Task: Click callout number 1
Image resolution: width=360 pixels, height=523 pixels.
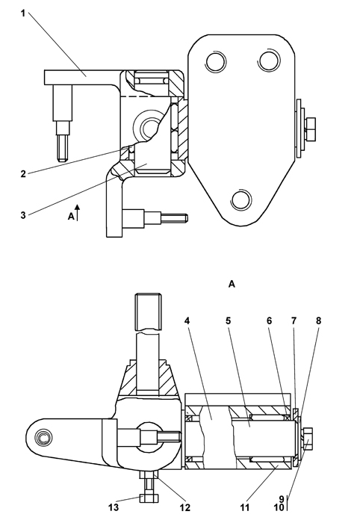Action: [x=23, y=13]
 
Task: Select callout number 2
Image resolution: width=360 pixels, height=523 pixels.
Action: [x=23, y=174]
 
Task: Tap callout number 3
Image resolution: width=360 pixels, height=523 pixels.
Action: [x=23, y=215]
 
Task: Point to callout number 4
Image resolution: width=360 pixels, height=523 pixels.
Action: [x=187, y=321]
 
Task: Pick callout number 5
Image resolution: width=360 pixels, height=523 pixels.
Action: [x=229, y=321]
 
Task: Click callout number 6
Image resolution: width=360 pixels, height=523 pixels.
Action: [x=270, y=321]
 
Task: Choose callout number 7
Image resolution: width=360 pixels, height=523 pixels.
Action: [x=294, y=321]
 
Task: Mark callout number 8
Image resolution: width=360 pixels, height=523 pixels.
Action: [x=318, y=321]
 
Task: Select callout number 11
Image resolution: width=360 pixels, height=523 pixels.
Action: [x=245, y=508]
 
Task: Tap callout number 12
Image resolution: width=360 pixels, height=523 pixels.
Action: [x=185, y=508]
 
